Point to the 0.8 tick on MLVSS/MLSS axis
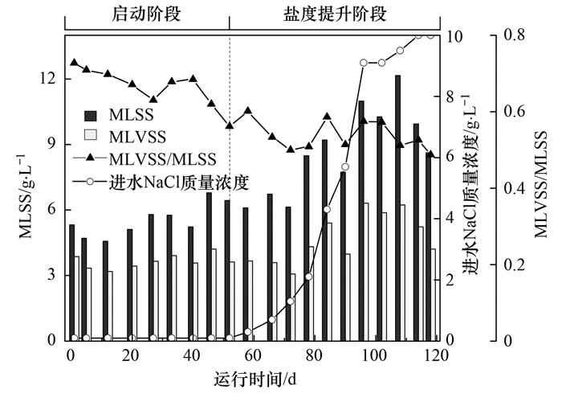513,36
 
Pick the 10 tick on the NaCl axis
454,36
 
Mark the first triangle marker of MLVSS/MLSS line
74,63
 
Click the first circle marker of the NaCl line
74,339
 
